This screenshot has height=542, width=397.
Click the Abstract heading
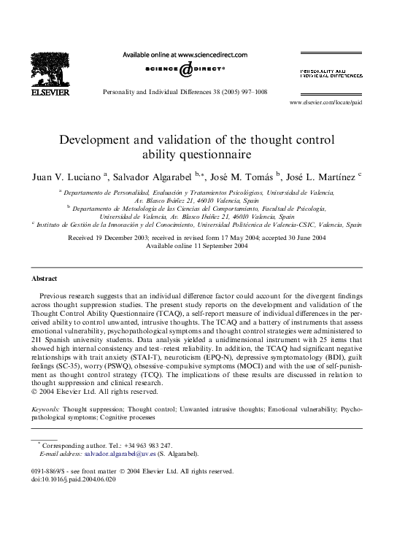tap(45, 279)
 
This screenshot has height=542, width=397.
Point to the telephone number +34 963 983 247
tap(149, 445)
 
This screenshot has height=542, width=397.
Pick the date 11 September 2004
tap(216, 247)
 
